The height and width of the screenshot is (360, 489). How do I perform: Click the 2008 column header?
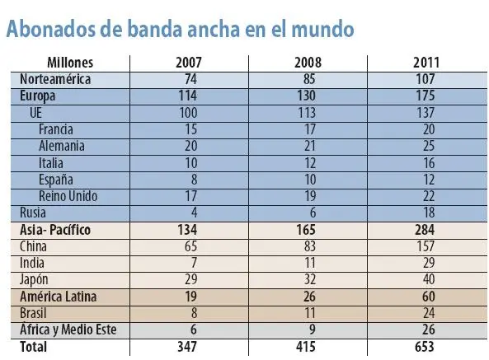[x=304, y=63]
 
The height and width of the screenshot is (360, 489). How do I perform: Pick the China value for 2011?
[x=427, y=246]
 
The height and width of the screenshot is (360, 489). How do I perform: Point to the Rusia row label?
[x=34, y=213]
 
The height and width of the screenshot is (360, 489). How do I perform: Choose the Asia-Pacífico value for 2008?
[x=304, y=230]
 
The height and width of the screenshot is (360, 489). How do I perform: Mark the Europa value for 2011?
[x=427, y=95]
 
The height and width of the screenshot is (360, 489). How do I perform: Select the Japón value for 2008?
[x=304, y=280]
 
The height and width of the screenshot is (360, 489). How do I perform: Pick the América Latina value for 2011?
[x=427, y=297]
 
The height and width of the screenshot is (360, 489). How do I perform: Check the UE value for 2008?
[x=304, y=112]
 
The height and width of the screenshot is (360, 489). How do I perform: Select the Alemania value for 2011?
[x=427, y=146]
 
